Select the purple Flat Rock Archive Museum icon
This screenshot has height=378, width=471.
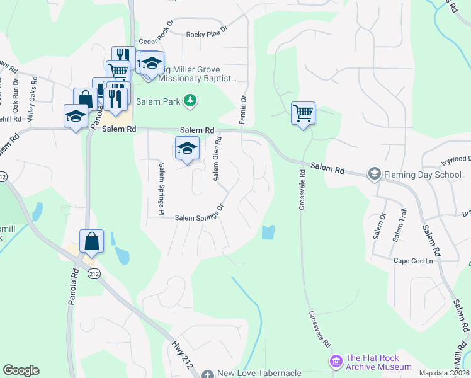[x=335, y=362]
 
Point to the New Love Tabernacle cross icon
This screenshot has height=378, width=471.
[x=208, y=374]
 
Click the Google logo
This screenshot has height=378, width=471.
[x=21, y=370]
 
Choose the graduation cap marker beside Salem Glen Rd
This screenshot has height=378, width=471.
[x=187, y=148]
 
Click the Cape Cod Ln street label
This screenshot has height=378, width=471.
[x=414, y=261]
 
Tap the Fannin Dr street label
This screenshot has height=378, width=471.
[x=242, y=109]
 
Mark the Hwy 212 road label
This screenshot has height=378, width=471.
[x=181, y=351]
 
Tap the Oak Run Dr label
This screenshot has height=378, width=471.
[x=16, y=91]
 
